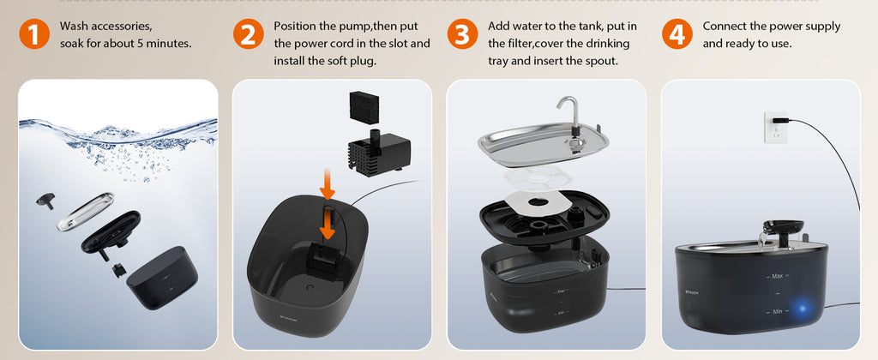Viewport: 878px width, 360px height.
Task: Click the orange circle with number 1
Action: (x=33, y=34)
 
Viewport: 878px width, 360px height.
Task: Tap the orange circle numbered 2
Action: (x=248, y=34)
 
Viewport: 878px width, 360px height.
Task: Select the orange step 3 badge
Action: (x=462, y=34)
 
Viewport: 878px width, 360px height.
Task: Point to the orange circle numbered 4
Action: (x=677, y=34)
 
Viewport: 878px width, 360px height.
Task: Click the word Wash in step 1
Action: (x=75, y=27)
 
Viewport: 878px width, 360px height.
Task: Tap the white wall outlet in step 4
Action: (x=774, y=126)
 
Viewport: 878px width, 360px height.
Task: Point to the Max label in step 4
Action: (x=779, y=276)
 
